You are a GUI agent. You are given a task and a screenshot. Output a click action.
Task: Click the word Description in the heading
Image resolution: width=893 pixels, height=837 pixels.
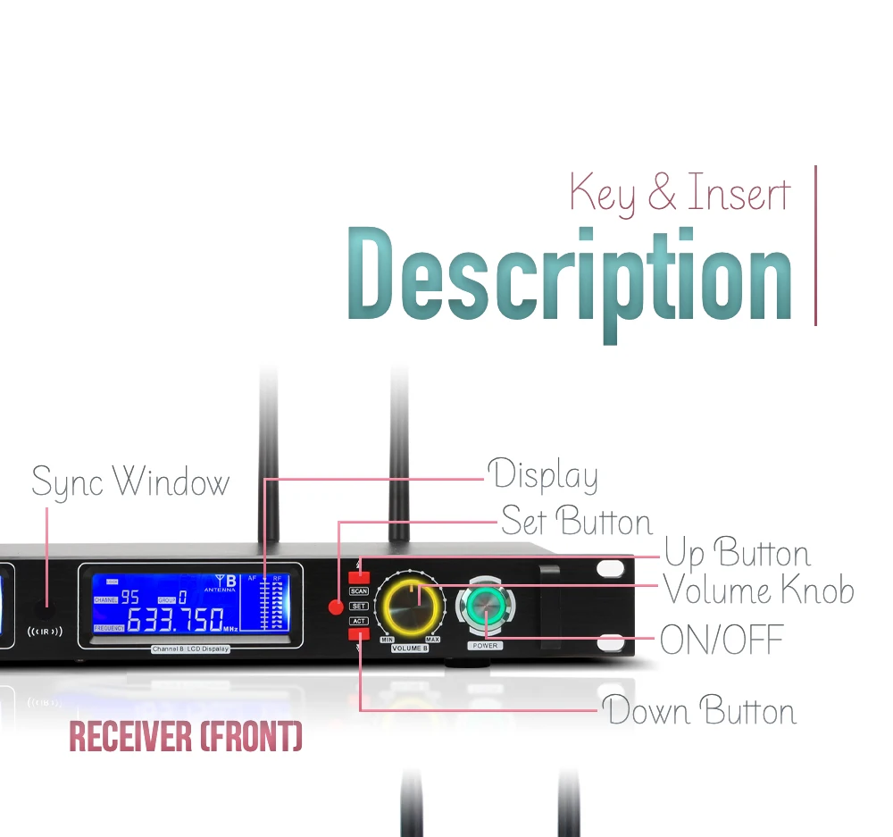coord(570,275)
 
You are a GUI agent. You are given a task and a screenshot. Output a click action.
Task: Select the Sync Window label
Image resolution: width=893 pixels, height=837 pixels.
coord(130,483)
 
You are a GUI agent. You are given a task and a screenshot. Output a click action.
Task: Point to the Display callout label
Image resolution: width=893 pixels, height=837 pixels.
coord(542,475)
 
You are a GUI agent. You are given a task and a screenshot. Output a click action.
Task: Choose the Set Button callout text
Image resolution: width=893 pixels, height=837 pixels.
coord(577,521)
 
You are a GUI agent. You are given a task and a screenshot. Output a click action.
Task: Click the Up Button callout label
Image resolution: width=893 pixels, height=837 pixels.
coord(737,555)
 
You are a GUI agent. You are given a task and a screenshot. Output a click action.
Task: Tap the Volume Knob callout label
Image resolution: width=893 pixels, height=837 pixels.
coord(758,591)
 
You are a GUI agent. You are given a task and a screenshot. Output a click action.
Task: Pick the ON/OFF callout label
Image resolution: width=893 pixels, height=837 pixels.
coord(722,640)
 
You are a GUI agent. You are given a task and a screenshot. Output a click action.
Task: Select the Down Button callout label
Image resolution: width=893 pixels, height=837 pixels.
coord(700,711)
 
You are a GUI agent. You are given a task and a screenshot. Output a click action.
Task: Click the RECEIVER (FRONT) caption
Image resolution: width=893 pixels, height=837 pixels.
coord(186,738)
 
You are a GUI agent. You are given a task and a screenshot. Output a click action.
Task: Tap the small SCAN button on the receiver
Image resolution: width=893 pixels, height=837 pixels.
coord(358,591)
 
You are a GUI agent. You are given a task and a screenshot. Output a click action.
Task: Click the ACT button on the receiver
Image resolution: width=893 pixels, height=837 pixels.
coord(358,621)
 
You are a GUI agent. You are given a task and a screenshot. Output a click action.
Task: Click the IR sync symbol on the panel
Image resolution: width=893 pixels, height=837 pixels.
coord(45,632)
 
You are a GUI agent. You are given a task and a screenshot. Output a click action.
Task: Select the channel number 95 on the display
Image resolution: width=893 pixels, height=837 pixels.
coord(129,598)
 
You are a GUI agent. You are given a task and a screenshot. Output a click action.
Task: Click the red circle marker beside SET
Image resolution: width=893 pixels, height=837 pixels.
coord(336,607)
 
